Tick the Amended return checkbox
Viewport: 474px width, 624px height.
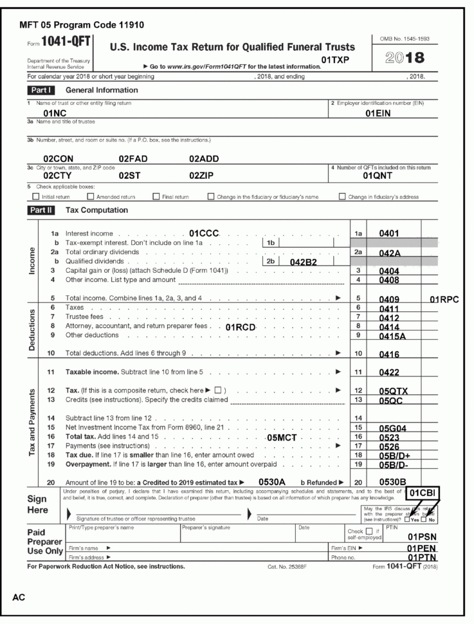[90, 196]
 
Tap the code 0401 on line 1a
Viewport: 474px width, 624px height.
[390, 232]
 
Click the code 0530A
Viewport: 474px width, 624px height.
[271, 481]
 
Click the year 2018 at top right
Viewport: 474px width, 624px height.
[403, 56]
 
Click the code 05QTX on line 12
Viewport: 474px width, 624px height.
[394, 390]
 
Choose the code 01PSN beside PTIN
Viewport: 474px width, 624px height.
[423, 536]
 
